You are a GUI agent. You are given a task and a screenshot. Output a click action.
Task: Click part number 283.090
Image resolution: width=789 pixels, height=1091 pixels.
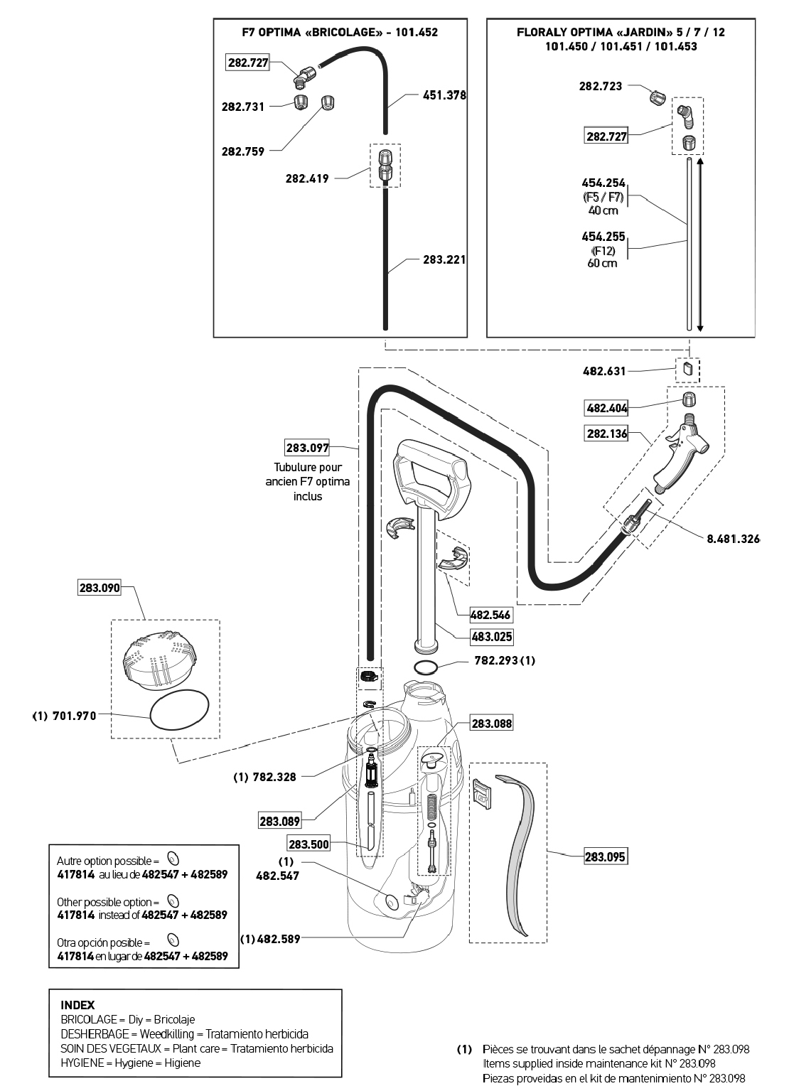[100, 588]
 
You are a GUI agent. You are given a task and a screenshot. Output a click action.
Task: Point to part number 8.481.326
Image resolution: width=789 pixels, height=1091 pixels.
[732, 539]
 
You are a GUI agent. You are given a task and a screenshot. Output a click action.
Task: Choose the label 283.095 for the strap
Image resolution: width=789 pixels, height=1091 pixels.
[605, 857]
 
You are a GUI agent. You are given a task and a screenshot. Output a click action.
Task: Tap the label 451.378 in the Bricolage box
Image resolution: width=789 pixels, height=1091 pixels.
[444, 95]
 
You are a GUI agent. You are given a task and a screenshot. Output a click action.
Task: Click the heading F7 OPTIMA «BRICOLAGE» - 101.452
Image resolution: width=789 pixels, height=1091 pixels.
[340, 32]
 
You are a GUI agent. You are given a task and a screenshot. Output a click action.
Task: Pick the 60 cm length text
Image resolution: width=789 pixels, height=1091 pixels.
[603, 263]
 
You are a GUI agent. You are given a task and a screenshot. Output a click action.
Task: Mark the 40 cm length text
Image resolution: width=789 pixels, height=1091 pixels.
[603, 210]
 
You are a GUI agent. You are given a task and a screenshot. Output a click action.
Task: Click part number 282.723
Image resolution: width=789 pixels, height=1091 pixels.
[601, 86]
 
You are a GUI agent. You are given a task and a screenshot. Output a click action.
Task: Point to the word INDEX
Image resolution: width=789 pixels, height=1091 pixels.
[77, 1005]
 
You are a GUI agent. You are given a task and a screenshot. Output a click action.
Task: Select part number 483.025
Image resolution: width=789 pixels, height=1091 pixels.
[491, 637]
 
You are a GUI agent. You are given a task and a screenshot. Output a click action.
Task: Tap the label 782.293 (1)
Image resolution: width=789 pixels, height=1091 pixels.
[505, 660]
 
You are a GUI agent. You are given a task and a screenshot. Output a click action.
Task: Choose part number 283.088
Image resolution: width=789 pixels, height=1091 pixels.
[491, 724]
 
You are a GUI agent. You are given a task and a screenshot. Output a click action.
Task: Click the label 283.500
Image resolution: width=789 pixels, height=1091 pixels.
[308, 844]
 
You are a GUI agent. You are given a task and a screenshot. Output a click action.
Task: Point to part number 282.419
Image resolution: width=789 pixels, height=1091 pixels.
[307, 178]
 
